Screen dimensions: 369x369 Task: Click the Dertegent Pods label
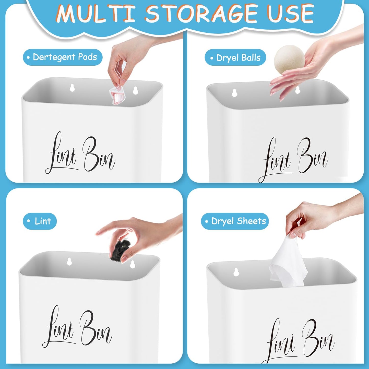(63, 57)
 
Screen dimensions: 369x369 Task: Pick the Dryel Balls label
(235, 58)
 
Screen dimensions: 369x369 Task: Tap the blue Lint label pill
(40, 221)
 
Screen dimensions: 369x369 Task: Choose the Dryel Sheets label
(235, 221)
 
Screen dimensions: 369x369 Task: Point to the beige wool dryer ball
(289, 60)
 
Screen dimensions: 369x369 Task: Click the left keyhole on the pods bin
(72, 88)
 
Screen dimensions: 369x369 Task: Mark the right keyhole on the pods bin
(135, 90)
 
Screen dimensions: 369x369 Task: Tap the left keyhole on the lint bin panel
(69, 261)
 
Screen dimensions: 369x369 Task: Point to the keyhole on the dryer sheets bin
(236, 272)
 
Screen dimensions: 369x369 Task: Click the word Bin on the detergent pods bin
(99, 155)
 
